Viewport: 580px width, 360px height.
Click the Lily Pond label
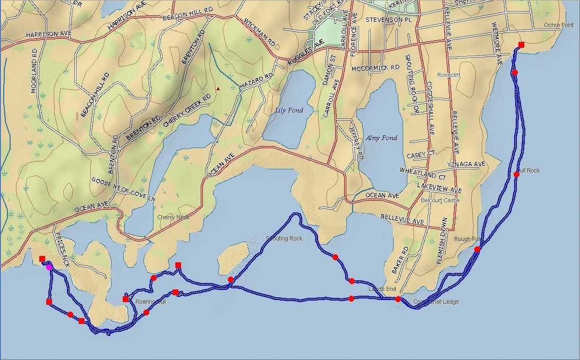(x=289, y=110)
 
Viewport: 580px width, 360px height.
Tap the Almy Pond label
(x=381, y=138)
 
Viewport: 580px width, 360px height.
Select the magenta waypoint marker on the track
(x=49, y=267)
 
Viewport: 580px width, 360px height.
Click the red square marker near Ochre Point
(x=521, y=45)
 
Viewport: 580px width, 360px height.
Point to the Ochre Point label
(x=559, y=25)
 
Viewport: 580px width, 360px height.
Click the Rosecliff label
(x=449, y=75)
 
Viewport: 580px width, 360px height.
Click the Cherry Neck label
(x=173, y=217)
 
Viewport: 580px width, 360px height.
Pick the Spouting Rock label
(x=285, y=238)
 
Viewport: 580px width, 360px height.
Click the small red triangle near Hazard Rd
(x=218, y=89)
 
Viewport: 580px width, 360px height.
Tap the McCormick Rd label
(x=376, y=68)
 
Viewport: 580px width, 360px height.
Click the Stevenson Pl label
(x=389, y=20)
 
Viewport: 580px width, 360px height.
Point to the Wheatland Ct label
(x=423, y=173)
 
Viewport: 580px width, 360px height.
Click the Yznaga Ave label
(x=466, y=165)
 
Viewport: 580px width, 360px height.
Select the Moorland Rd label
(x=34, y=71)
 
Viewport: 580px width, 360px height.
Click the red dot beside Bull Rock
(x=516, y=174)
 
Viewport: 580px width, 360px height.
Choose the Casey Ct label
(x=421, y=155)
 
